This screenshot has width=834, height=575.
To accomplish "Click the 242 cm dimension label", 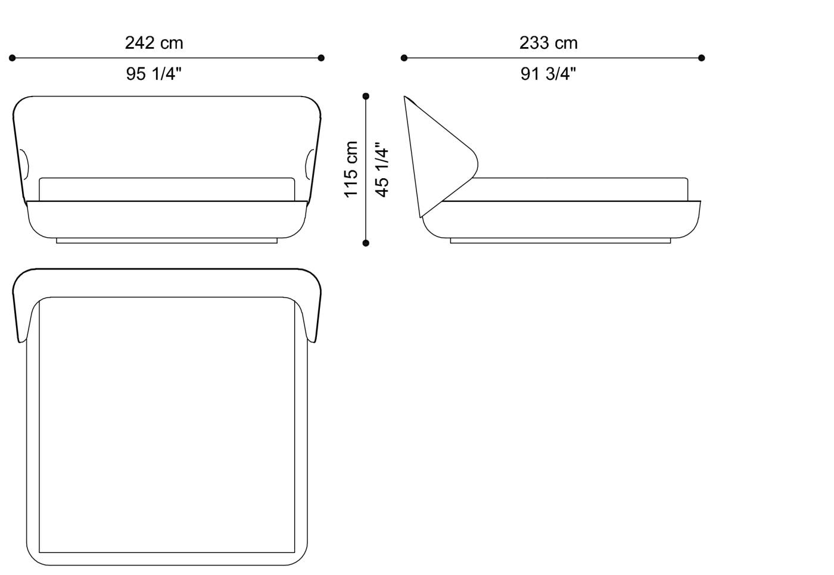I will point(154,43).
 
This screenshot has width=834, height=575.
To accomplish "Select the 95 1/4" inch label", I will point(154,74).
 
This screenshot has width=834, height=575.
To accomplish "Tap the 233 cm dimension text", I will point(548,43).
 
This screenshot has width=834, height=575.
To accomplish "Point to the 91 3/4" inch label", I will point(548,74).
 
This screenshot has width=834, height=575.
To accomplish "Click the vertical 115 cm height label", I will point(351,169).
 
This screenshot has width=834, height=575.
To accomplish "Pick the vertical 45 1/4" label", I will point(382,169).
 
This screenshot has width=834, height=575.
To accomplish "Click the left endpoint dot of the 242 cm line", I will point(12,58).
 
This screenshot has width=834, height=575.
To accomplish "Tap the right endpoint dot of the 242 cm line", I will point(321,58).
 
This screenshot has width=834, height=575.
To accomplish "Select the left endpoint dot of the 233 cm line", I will point(404,58).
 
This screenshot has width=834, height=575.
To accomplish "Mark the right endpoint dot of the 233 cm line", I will point(701,58).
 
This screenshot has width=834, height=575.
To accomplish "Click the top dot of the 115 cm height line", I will point(366,96).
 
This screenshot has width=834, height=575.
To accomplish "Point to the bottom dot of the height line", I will point(366,243).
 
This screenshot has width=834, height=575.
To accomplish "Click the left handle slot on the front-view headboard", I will point(24,164).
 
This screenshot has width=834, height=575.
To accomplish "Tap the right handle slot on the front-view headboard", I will point(309,164).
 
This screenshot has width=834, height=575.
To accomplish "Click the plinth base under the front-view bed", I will point(167,240).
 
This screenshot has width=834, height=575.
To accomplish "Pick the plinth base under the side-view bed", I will point(560,240).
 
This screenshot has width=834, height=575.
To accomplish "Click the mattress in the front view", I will point(167,189).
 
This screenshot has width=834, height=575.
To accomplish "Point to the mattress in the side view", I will point(581,189).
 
